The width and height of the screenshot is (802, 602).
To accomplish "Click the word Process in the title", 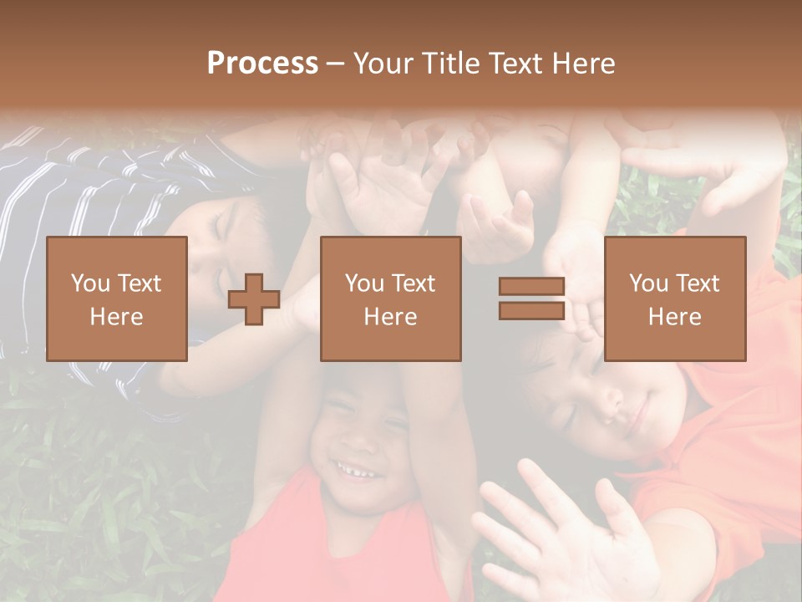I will (262, 64).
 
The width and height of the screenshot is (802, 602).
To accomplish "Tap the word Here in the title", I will (581, 64).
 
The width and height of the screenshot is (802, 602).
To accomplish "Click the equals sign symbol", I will (531, 299).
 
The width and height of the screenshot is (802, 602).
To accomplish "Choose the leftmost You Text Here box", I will (117, 298).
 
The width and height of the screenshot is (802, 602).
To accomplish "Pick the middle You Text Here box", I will (390, 298).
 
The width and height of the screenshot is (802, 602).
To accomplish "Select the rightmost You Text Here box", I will (675, 298).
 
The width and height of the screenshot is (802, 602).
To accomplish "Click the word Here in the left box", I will (117, 317).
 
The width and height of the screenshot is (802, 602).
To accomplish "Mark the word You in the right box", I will (649, 283).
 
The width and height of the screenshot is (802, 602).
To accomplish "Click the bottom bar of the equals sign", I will (531, 311).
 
